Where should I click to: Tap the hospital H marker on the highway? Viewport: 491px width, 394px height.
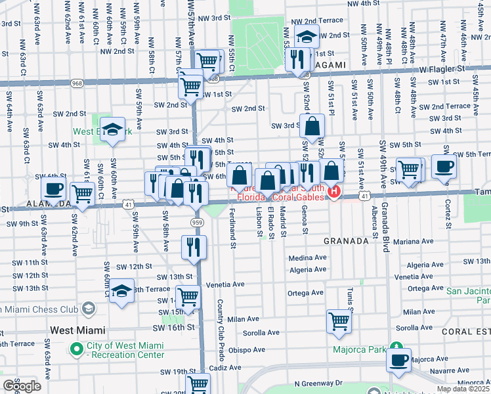point(334,191)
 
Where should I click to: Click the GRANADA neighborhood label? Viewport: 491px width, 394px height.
point(346,241)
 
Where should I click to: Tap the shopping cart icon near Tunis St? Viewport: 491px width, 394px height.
point(339,321)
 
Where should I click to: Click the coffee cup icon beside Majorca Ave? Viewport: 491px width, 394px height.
point(398,359)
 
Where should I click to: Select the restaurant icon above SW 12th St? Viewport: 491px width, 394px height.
point(194,247)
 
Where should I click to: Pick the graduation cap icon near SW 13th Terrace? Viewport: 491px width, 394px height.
point(121,290)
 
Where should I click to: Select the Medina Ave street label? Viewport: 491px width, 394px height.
point(308,257)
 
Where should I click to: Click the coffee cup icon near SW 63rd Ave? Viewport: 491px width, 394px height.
point(53,188)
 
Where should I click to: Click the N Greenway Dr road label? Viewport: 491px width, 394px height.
point(318,382)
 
